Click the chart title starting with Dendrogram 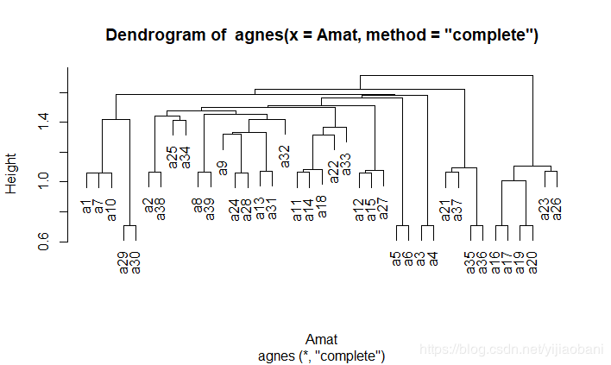[x=322, y=35]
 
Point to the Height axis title [x=11, y=173]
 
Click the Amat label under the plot [x=321, y=339]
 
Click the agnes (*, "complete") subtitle [x=321, y=356]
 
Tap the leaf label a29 [x=123, y=261]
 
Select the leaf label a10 [x=111, y=210]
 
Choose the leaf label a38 [x=161, y=209]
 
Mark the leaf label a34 [x=185, y=157]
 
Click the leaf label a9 [x=223, y=167]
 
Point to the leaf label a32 [x=285, y=156]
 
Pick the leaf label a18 [x=322, y=205]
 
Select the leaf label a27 [x=384, y=209]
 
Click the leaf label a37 [x=458, y=209]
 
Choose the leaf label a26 [x=557, y=209]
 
